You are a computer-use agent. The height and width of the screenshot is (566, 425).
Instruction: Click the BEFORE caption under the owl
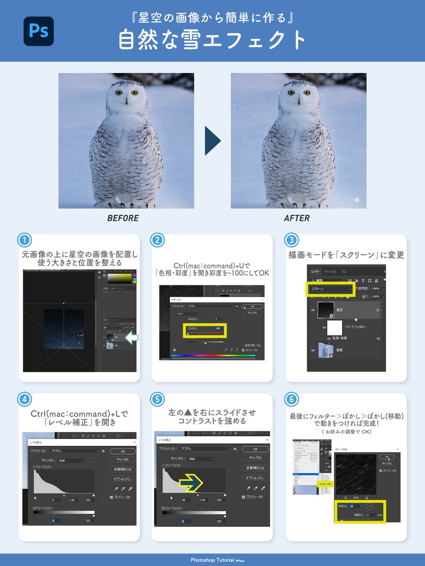pos(123,218)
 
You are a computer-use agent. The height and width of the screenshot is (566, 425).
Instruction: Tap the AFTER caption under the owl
pos(297,218)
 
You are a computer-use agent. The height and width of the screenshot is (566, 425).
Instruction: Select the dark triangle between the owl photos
pos(212,141)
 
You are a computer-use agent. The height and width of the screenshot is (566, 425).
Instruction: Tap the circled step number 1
pos(25,240)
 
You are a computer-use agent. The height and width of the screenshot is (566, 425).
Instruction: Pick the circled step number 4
pos(25,400)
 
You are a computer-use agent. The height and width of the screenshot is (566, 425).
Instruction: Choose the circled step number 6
pos(291,400)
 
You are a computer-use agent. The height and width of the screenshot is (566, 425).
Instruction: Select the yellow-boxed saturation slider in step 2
pos(205,330)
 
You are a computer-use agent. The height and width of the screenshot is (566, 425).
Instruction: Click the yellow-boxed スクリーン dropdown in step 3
pos(329,288)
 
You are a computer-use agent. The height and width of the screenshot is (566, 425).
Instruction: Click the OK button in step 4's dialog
pos(122,451)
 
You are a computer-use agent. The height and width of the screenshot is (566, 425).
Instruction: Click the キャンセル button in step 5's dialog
pos(255,458)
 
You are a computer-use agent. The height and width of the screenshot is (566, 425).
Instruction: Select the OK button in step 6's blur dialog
pos(387,457)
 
